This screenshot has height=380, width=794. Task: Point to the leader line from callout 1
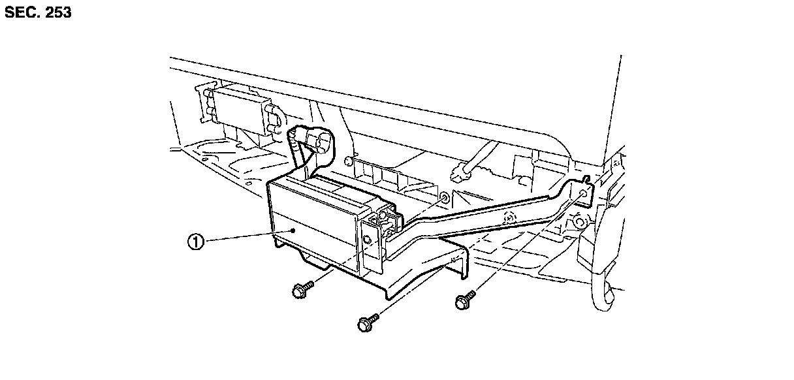(248, 236)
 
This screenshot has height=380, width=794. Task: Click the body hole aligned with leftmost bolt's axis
(444, 197)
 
